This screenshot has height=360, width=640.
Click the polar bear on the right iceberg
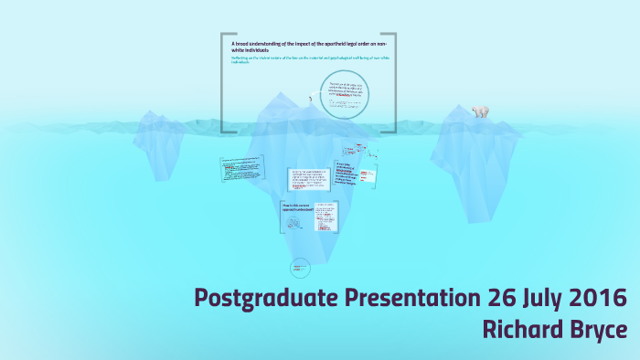point(480,111)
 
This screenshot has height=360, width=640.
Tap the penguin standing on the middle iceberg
point(309,102)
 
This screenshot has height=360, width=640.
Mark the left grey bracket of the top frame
point(224,83)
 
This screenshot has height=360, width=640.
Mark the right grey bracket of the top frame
point(393,83)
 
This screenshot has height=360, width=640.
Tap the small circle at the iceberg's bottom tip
point(299,268)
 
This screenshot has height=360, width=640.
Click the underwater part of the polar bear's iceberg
point(475,174)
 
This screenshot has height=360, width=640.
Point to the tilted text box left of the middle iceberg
point(241,168)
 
